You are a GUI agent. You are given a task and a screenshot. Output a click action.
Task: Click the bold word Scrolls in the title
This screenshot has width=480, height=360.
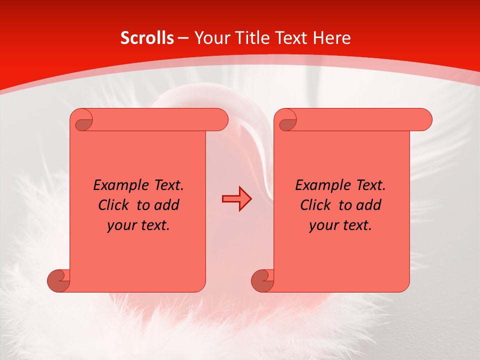[147, 38]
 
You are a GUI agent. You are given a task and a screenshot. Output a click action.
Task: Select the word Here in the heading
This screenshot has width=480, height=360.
[331, 38]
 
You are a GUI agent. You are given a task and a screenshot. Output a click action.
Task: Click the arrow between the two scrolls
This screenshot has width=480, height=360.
[236, 199]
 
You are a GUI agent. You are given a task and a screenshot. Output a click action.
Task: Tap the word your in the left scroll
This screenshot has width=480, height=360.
[122, 225]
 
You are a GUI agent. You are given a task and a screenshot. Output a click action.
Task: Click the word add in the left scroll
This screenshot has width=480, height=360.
[167, 205]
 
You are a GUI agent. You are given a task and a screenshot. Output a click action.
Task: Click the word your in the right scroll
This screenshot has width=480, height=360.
[324, 225]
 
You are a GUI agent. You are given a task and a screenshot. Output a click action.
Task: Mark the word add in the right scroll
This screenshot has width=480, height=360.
[369, 205]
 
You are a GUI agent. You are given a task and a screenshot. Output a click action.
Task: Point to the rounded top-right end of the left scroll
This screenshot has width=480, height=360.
[220, 119]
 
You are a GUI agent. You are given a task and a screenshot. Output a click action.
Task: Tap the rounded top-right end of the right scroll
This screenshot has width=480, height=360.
[424, 119]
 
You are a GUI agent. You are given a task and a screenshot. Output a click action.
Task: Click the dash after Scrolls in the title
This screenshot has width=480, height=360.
[183, 38]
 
